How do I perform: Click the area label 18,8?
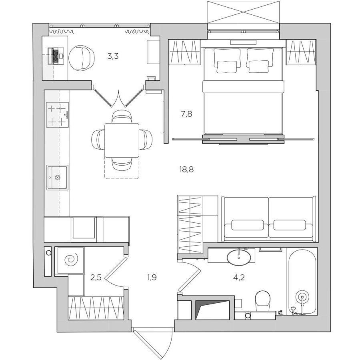click(x=186, y=170)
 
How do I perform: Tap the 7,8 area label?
click(x=186, y=114)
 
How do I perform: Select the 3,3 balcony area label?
click(x=113, y=56)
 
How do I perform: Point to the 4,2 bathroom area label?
click(x=238, y=278)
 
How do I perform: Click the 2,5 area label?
click(x=96, y=278)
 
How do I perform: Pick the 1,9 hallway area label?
click(x=152, y=278)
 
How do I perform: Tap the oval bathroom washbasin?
click(x=239, y=257)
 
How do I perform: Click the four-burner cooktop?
click(x=58, y=115)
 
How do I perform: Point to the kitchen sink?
click(x=57, y=177)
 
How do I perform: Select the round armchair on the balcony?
click(x=82, y=58)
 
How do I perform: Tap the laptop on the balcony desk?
click(x=56, y=56)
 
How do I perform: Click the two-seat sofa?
click(x=269, y=219)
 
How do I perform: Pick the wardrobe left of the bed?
click(x=184, y=52)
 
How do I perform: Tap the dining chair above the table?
click(x=122, y=117)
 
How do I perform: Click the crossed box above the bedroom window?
click(x=244, y=12)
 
